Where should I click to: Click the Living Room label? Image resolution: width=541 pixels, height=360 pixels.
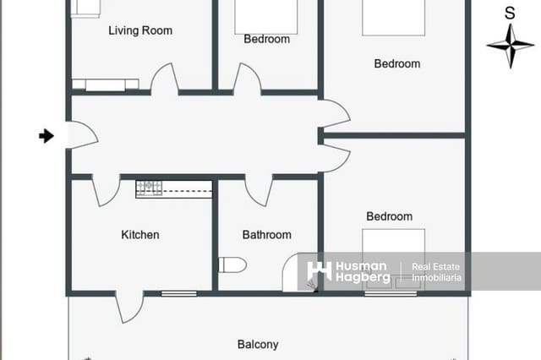[x=140, y=30]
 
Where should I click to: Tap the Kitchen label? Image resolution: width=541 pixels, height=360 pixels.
[x=140, y=235]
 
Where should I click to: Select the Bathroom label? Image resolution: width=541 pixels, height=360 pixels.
[x=266, y=235]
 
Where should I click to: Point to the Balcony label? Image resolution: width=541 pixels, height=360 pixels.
[x=258, y=345]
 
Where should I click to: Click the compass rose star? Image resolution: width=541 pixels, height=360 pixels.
[x=510, y=45]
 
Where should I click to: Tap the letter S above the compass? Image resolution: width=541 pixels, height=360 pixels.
[x=510, y=14]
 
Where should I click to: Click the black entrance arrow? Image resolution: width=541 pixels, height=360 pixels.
[x=46, y=135]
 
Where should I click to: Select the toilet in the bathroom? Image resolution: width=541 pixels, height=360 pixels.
[x=232, y=265]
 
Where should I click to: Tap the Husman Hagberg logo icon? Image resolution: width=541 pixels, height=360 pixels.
[x=319, y=271]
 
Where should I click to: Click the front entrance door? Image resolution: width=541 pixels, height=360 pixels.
[x=80, y=135]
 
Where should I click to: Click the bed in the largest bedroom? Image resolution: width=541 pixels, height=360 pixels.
[x=393, y=17]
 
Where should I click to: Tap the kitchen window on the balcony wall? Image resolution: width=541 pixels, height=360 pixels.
[x=178, y=293]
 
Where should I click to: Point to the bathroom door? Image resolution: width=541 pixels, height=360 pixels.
[x=258, y=190]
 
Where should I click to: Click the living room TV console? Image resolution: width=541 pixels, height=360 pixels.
[x=106, y=85]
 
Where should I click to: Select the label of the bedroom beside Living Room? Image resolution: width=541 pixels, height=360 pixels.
[x=266, y=39]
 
